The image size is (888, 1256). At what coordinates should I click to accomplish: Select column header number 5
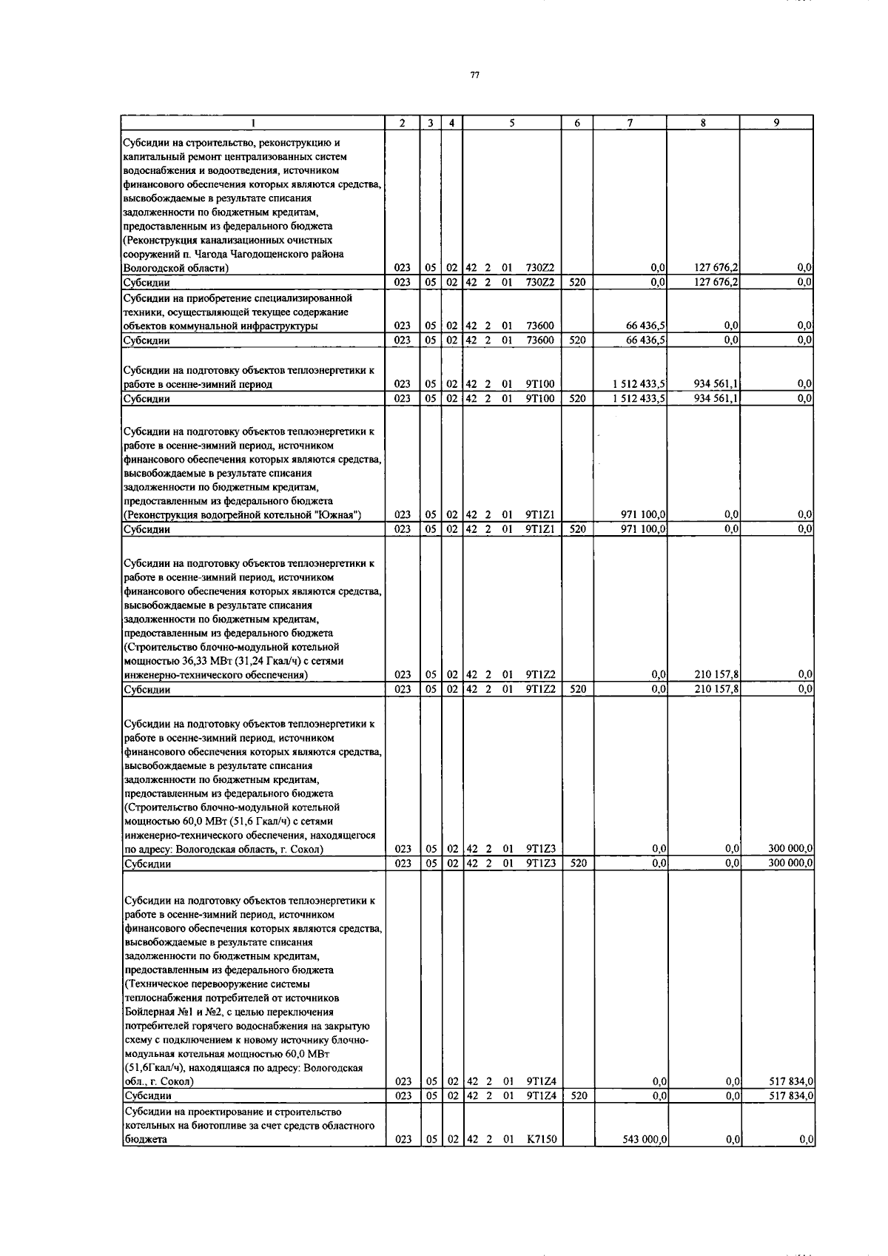[x=511, y=123]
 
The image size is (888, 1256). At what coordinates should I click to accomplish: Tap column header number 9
[x=776, y=123]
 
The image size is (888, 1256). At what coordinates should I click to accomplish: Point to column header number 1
[x=254, y=124]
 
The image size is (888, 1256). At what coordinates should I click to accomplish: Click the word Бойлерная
[x=149, y=1012]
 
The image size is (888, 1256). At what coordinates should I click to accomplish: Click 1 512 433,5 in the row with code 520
[x=639, y=398]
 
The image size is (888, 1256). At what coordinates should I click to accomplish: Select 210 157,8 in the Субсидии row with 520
[x=717, y=689]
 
